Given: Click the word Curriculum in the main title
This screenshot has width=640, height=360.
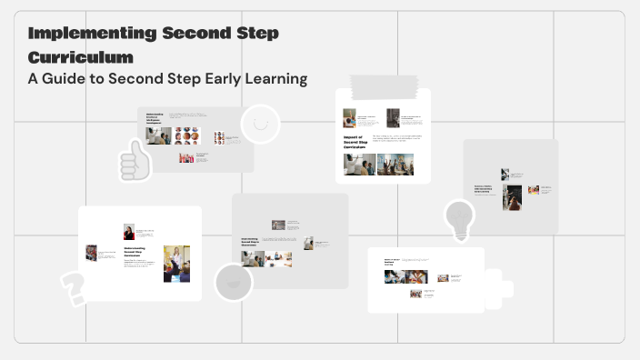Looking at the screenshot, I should pyautogui.click(x=81, y=56).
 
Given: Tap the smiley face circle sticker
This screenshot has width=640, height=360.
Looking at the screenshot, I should pyautogui.click(x=260, y=124).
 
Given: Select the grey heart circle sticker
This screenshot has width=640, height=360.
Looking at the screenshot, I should pyautogui.click(x=233, y=282).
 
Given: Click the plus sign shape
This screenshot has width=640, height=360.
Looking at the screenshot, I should pyautogui.click(x=495, y=289).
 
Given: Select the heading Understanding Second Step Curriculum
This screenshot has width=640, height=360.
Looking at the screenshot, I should pyautogui.click(x=137, y=254).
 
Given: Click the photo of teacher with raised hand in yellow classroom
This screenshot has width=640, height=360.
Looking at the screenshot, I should pyautogui.click(x=175, y=263).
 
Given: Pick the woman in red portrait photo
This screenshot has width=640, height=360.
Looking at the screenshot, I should pyautogui.click(x=129, y=232).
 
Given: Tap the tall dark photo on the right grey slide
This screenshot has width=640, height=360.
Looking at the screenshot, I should pyautogui.click(x=513, y=197).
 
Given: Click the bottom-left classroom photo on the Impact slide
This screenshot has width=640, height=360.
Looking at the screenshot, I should pyautogui.click(x=360, y=165).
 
